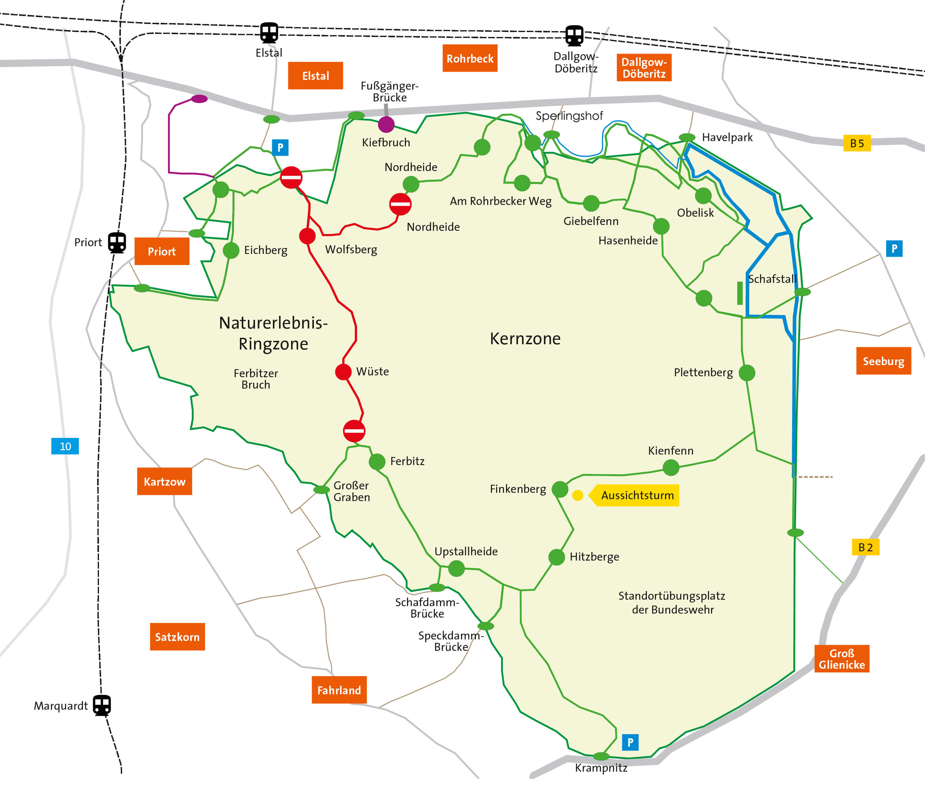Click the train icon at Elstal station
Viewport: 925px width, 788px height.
(269, 33)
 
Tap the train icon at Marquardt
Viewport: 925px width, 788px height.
(102, 705)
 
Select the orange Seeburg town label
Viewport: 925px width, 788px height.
(883, 361)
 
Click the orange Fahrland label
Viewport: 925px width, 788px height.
(339, 690)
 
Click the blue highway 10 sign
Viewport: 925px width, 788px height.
(65, 446)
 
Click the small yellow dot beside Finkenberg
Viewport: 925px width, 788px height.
(578, 495)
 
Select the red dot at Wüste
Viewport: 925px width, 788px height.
(343, 372)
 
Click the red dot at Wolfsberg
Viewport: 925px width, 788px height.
(307, 236)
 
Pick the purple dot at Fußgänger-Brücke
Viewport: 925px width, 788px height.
(386, 125)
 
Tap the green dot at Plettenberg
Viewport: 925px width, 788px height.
(747, 373)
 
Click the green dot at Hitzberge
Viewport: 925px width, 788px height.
(557, 557)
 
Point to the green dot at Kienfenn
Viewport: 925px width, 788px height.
(671, 467)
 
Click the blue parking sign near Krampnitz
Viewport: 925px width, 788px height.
(630, 742)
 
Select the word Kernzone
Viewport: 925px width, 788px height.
(525, 339)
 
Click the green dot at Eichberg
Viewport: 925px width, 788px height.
(231, 250)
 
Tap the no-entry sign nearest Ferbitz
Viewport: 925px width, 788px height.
(354, 431)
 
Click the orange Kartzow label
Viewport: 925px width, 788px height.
(165, 481)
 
